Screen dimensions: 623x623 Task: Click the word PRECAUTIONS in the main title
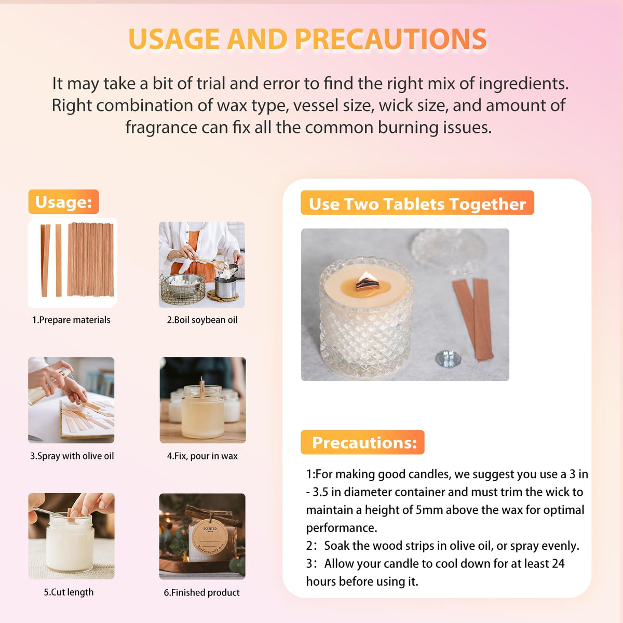[390, 39]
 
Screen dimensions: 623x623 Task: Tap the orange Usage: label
[63, 202]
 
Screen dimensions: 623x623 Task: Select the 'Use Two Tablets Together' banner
[417, 203]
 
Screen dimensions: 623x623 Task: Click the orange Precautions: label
[362, 442]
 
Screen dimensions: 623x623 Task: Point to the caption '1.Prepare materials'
[71, 320]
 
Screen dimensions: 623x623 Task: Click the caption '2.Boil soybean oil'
[202, 320]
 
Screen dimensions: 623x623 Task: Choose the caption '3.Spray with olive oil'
[72, 456]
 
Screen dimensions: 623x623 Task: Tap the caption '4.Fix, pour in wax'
[202, 456]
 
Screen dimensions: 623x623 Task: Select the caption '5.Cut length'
[69, 592]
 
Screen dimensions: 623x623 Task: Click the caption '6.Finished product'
[201, 592]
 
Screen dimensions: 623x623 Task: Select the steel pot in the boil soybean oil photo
[225, 287]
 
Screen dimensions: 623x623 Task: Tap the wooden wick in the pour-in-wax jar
[202, 386]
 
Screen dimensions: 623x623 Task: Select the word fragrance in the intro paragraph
[161, 127]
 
